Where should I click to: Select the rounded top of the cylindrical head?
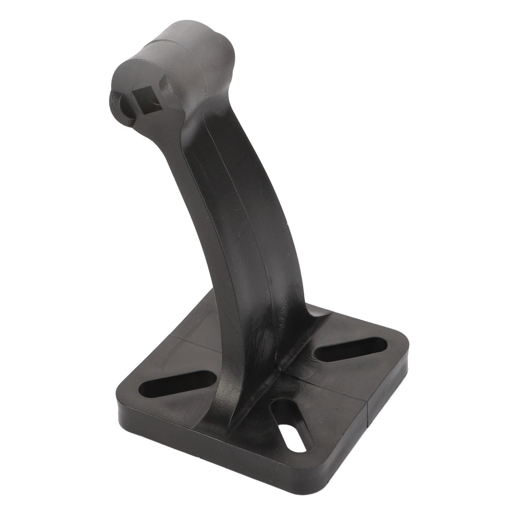192,34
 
